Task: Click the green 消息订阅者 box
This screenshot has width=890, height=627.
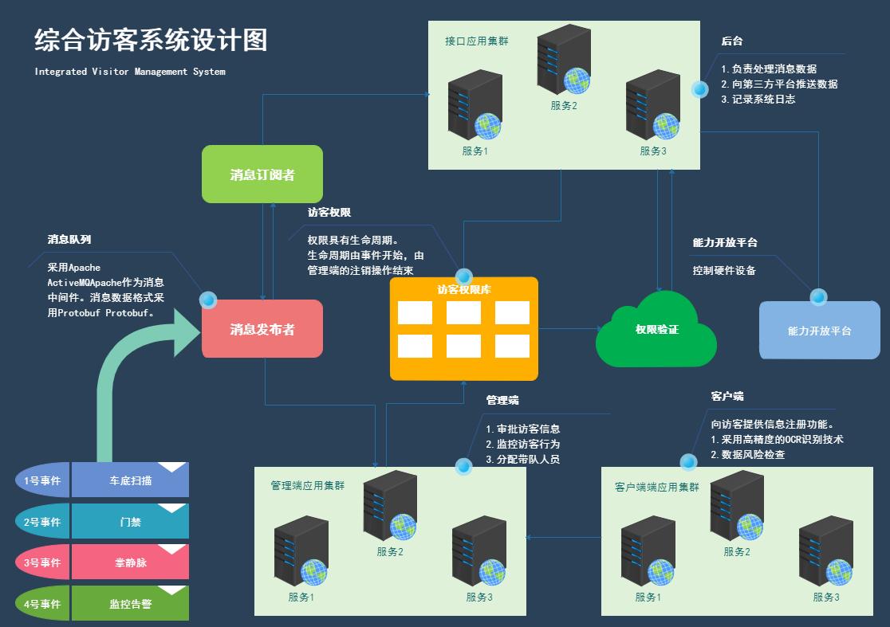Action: [262, 174]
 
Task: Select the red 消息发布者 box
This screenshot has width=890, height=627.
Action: [262, 329]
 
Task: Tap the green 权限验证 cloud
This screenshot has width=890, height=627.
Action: [656, 329]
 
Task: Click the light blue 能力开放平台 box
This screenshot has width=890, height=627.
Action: [819, 331]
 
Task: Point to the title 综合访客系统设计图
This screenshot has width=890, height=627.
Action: [151, 40]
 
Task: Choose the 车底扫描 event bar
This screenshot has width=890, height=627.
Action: [130, 480]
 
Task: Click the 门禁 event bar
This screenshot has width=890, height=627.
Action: [130, 522]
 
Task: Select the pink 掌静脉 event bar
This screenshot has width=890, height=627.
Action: [130, 562]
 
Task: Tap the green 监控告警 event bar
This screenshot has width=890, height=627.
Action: [130, 604]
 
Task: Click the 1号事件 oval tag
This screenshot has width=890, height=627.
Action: [41, 480]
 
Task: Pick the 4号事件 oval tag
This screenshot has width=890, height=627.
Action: [41, 604]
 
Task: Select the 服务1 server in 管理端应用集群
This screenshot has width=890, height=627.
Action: [301, 551]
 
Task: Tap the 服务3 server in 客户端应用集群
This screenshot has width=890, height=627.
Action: [826, 551]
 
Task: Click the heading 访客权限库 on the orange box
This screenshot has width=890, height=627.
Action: [463, 290]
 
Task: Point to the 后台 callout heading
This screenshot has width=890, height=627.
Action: [732, 41]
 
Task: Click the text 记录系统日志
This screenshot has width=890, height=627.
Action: [763, 100]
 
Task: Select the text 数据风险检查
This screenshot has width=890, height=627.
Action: [753, 455]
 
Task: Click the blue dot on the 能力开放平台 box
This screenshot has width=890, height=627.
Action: [818, 297]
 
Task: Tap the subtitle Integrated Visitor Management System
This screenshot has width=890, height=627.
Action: [130, 72]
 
